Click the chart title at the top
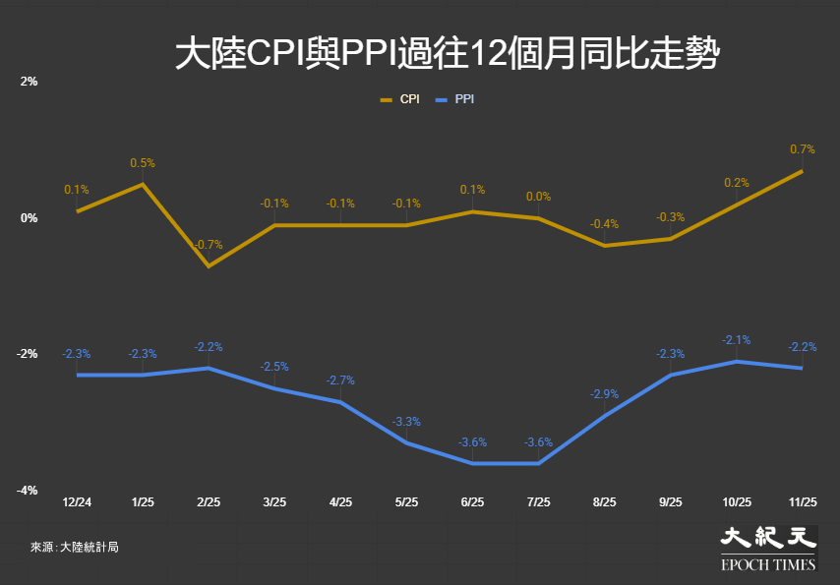click(448, 54)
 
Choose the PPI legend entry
click(455, 100)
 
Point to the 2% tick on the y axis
click(30, 82)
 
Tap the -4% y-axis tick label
click(30, 491)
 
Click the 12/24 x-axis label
click(77, 501)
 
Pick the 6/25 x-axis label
click(472, 501)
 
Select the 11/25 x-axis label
click(803, 501)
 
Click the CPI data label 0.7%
click(803, 149)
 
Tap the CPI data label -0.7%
click(209, 244)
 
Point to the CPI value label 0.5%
click(143, 163)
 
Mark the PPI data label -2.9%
click(604, 394)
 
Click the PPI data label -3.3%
click(406, 422)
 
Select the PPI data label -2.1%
click(737, 340)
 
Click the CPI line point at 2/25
click(209, 265)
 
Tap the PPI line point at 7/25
click(538, 463)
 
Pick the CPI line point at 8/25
click(604, 245)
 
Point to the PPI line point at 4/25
click(340, 402)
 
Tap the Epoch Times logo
click(768, 549)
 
